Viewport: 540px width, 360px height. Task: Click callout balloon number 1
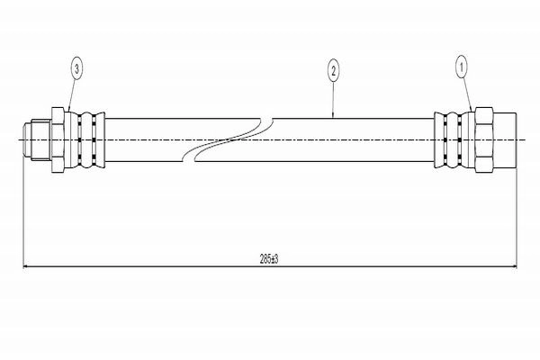tap(462, 67)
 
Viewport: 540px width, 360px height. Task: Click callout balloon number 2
tap(333, 71)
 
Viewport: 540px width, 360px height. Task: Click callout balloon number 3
tap(76, 68)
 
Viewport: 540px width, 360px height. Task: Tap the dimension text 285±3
tap(269, 259)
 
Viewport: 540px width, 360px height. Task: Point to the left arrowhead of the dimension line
tap(25, 266)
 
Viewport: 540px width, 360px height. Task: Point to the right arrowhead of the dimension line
tap(514, 266)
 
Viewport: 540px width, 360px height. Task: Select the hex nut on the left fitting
tap(58, 139)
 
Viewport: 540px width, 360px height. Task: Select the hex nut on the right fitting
tap(484, 139)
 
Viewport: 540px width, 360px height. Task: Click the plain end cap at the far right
tap(505, 139)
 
